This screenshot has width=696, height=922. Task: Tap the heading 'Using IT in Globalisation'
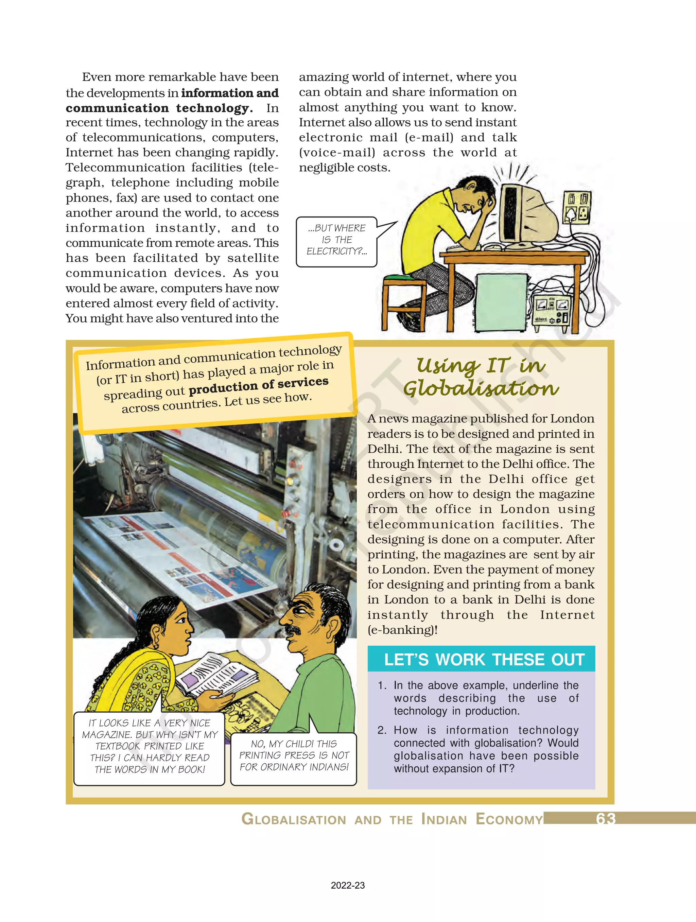point(481,377)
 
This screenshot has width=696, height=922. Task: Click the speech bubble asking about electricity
point(337,240)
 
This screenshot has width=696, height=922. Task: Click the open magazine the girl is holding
point(217,675)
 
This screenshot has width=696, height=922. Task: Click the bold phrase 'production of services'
point(258,386)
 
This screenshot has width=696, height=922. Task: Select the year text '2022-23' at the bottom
point(348,885)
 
